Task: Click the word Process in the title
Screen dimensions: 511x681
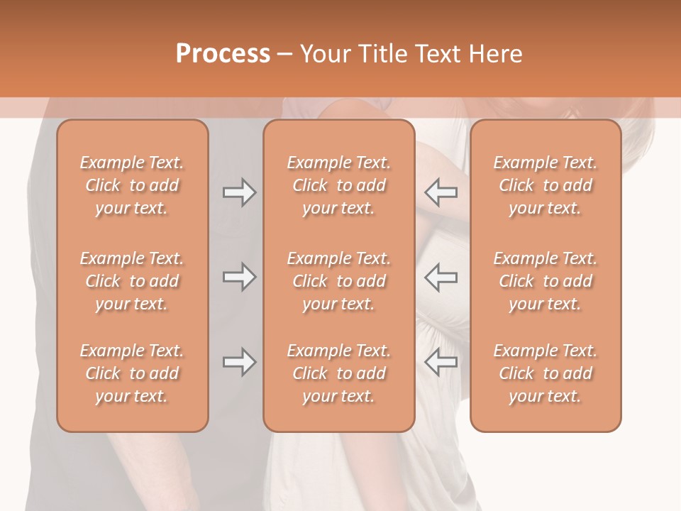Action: pyautogui.click(x=223, y=53)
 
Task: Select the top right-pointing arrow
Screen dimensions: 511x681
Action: pyautogui.click(x=239, y=192)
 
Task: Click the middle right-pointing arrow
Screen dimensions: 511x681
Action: pyautogui.click(x=239, y=278)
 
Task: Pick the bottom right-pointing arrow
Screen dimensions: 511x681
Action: pyautogui.click(x=239, y=363)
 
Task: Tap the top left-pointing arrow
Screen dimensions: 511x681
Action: pyautogui.click(x=441, y=192)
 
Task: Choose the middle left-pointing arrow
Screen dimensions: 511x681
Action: pyautogui.click(x=441, y=278)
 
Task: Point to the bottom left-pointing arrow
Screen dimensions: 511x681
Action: pyautogui.click(x=441, y=363)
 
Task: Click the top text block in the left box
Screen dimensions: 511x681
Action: pyautogui.click(x=132, y=185)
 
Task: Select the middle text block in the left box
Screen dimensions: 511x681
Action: pyautogui.click(x=132, y=281)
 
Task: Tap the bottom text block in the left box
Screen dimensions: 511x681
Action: pyautogui.click(x=132, y=373)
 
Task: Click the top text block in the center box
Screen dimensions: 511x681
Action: pyautogui.click(x=338, y=185)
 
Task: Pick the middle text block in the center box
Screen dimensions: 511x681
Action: pyautogui.click(x=338, y=281)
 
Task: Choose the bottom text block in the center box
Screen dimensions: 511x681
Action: pyautogui.click(x=338, y=373)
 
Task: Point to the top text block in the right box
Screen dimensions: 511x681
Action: pyautogui.click(x=545, y=185)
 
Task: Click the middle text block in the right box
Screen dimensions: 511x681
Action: pyautogui.click(x=545, y=281)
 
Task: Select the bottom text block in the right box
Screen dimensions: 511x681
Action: pyautogui.click(x=545, y=373)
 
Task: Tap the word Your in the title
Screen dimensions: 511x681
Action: pyautogui.click(x=323, y=53)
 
